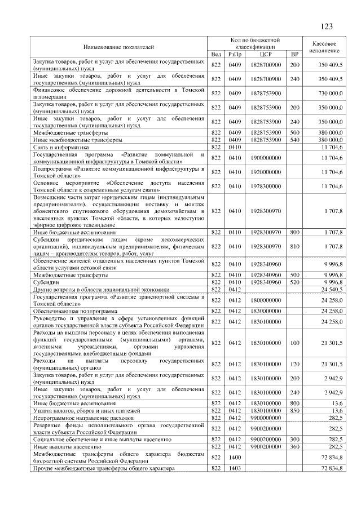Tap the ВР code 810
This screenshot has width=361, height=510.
click(294, 246)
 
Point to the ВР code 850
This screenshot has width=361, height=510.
click(294, 410)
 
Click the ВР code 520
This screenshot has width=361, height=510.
click(294, 282)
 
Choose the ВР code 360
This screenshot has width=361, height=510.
click(294, 446)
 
